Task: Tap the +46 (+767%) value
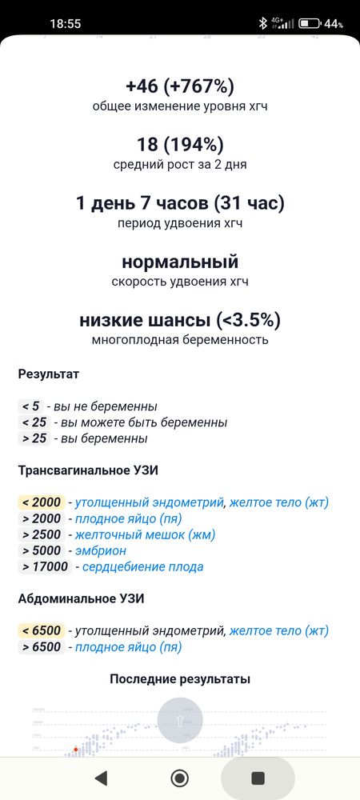click(179, 86)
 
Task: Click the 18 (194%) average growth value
click(179, 145)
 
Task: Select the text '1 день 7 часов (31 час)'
click(179, 203)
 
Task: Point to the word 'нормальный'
click(179, 262)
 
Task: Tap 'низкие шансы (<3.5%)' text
click(179, 320)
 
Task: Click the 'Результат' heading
click(49, 374)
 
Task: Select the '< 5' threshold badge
click(30, 406)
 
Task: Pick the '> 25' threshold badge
click(34, 438)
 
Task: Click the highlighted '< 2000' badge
click(42, 502)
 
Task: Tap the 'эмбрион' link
click(101, 550)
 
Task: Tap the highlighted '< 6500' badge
click(42, 630)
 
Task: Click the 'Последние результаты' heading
click(179, 679)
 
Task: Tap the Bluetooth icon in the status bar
click(262, 23)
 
